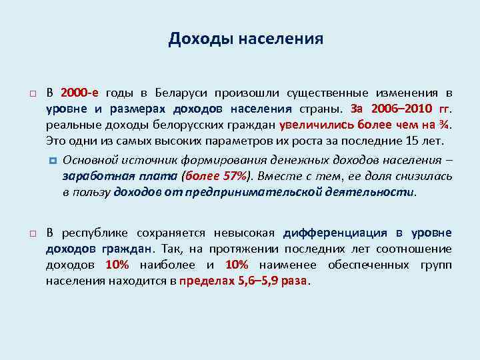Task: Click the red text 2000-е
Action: (x=79, y=93)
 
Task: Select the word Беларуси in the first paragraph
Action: (x=175, y=93)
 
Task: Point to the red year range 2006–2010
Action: (x=398, y=109)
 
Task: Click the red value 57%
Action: (x=231, y=176)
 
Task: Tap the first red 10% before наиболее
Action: (x=117, y=265)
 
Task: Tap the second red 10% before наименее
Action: (x=237, y=265)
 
